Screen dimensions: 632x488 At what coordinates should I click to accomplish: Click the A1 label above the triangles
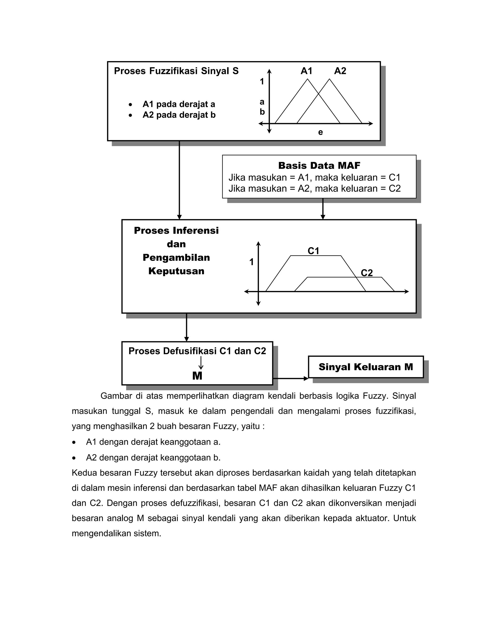pyautogui.click(x=306, y=71)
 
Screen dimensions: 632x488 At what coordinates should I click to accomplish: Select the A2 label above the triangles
pyautogui.click(x=340, y=71)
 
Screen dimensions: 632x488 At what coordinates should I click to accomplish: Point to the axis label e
pyautogui.click(x=320, y=132)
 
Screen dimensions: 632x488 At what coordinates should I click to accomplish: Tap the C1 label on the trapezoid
pyautogui.click(x=313, y=251)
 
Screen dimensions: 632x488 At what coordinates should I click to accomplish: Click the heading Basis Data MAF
pyautogui.click(x=319, y=166)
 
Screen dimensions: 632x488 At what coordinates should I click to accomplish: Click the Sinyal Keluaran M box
pyautogui.click(x=366, y=367)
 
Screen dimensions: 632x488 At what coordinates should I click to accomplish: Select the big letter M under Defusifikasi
pyautogui.click(x=197, y=376)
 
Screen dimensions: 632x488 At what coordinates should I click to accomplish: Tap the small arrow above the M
pyautogui.click(x=201, y=363)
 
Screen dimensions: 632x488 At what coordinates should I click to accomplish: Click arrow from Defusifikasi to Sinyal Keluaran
pyautogui.click(x=290, y=378)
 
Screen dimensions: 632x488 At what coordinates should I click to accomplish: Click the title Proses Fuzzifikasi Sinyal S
pyautogui.click(x=176, y=71)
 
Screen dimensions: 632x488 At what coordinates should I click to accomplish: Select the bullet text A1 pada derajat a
pyautogui.click(x=179, y=104)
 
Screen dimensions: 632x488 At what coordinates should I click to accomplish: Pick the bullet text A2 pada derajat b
pyautogui.click(x=179, y=115)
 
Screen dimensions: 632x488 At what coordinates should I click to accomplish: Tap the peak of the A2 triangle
pyautogui.click(x=329, y=79)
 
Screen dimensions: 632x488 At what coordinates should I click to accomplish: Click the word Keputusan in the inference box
pyautogui.click(x=176, y=271)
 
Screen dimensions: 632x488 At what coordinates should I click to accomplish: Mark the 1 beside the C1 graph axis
pyautogui.click(x=252, y=262)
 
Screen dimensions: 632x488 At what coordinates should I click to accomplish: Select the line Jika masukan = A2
pyautogui.click(x=315, y=189)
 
